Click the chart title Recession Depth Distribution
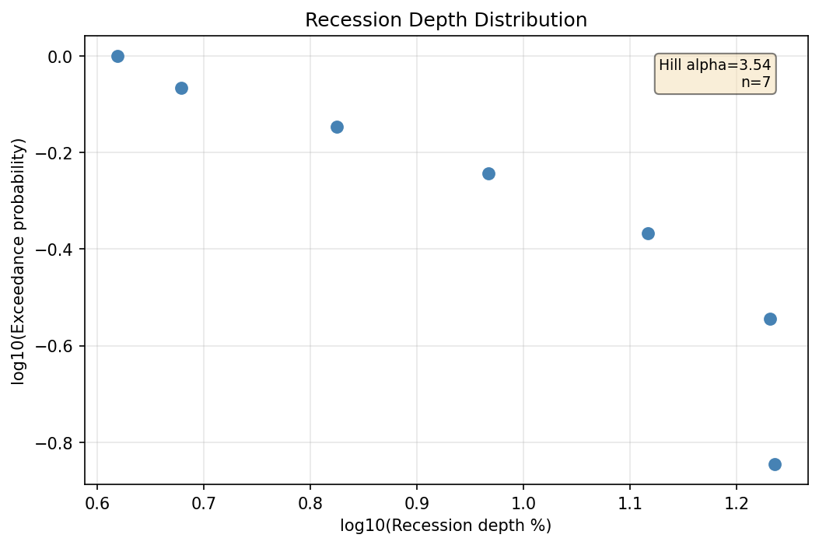coord(446,20)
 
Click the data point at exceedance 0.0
coord(117,56)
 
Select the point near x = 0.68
coord(181,88)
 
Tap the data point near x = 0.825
coord(337,127)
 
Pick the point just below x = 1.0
coord(488,173)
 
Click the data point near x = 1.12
coord(648,233)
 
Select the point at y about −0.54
coord(770,319)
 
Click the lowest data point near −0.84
coord(775,464)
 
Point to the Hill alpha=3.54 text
coord(715,66)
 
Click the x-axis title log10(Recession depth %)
coord(446,526)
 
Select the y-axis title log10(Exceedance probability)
coord(19,260)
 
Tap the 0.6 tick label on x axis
coord(97,501)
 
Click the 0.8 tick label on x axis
coord(310,501)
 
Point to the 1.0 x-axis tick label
coord(523,501)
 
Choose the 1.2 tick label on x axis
coord(737,501)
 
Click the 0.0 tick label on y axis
coord(60,57)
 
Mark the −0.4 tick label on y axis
coord(54,250)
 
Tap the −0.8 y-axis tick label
coord(54,443)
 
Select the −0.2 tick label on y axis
coord(54,153)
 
